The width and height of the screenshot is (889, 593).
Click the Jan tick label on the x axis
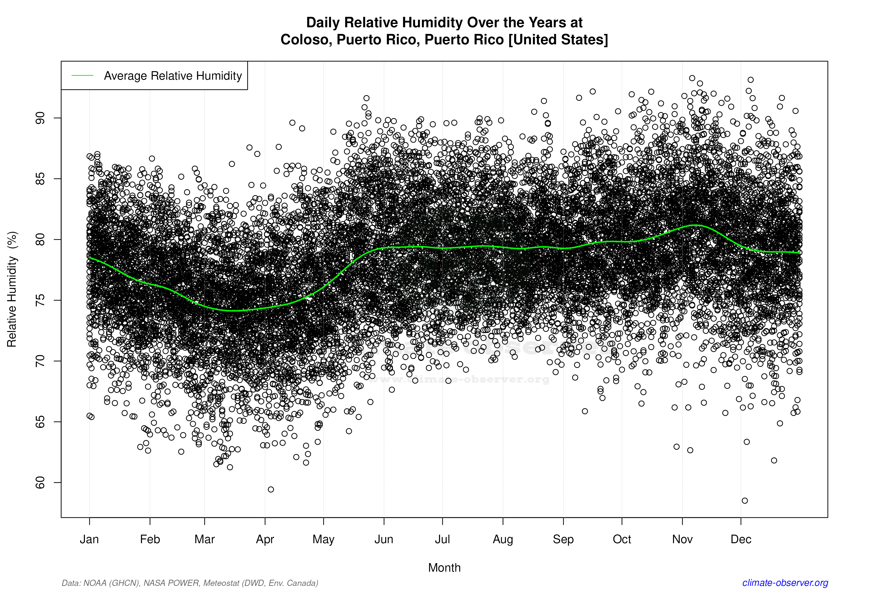(89, 539)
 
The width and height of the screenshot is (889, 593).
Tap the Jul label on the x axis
(442, 539)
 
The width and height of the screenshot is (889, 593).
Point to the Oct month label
(622, 539)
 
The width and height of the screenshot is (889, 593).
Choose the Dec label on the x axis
(741, 539)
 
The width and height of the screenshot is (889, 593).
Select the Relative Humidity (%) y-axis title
(12, 289)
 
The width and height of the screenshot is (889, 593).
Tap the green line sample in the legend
(82, 76)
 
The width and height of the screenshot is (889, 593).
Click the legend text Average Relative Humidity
(173, 76)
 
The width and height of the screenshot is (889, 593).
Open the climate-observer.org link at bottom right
(785, 583)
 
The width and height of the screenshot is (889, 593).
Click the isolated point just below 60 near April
(271, 489)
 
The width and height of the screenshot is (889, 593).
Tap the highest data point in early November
(692, 78)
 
